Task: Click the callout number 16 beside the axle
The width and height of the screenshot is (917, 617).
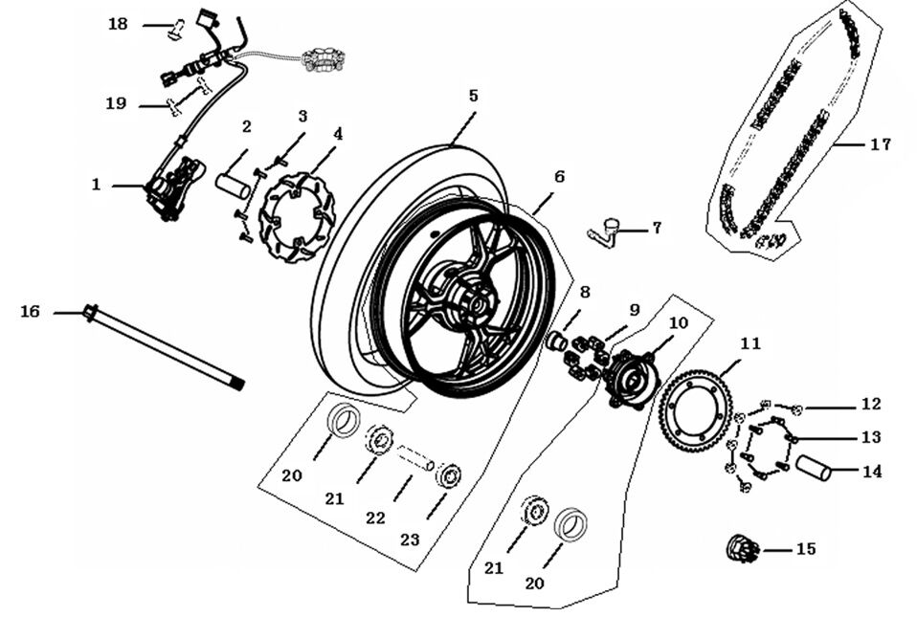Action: (x=31, y=312)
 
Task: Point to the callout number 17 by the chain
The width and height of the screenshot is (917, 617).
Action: (x=881, y=144)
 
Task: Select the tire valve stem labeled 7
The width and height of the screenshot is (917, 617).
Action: (x=605, y=231)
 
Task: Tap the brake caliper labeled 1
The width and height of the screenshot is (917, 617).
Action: (x=172, y=188)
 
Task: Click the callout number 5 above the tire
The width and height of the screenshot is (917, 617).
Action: (x=474, y=96)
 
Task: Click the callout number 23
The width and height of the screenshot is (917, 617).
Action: (x=410, y=540)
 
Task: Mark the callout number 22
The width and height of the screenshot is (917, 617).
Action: (x=375, y=518)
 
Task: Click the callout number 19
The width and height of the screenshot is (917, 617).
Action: (x=116, y=103)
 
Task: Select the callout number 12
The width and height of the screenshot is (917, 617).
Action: (x=870, y=405)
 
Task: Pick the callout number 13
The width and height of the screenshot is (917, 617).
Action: (x=870, y=437)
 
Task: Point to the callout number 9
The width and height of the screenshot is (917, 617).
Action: (x=634, y=309)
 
